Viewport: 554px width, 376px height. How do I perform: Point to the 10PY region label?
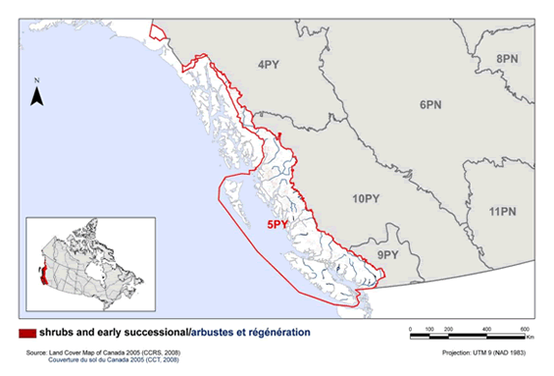[365, 198]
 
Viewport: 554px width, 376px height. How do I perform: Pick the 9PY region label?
[387, 254]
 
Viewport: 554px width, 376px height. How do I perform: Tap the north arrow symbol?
[36, 95]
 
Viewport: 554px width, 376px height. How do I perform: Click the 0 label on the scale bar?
[408, 328]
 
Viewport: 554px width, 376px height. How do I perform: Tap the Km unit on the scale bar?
[529, 339]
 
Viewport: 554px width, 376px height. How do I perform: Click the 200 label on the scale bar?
[447, 328]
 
